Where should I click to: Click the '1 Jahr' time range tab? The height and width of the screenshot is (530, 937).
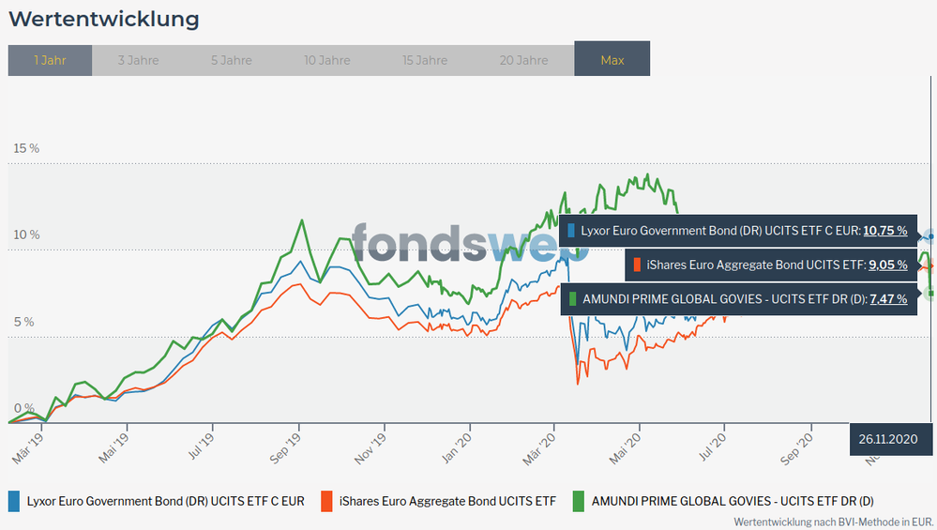coord(50,60)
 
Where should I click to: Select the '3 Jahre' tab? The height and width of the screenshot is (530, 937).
coord(138,60)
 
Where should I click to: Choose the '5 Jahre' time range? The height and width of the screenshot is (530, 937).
coord(231,60)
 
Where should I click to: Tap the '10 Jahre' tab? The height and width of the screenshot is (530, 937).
coord(327,60)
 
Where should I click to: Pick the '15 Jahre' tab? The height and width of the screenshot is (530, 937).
coord(425,60)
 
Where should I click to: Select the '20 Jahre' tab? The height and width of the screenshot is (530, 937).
coord(523,60)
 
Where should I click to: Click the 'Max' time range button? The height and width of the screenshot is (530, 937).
coord(612,60)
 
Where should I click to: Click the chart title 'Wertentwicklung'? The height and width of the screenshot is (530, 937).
coord(103,19)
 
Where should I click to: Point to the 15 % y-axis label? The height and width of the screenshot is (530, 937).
coord(26,148)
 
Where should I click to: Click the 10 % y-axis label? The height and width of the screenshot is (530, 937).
coord(26,235)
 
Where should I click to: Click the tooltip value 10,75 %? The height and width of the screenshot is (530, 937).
coord(884,230)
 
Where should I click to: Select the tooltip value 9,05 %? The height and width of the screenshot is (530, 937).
coord(887,265)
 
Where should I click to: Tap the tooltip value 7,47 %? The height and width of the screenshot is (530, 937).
coord(888,299)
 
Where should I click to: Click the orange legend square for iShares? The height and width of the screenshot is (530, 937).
coord(326,501)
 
